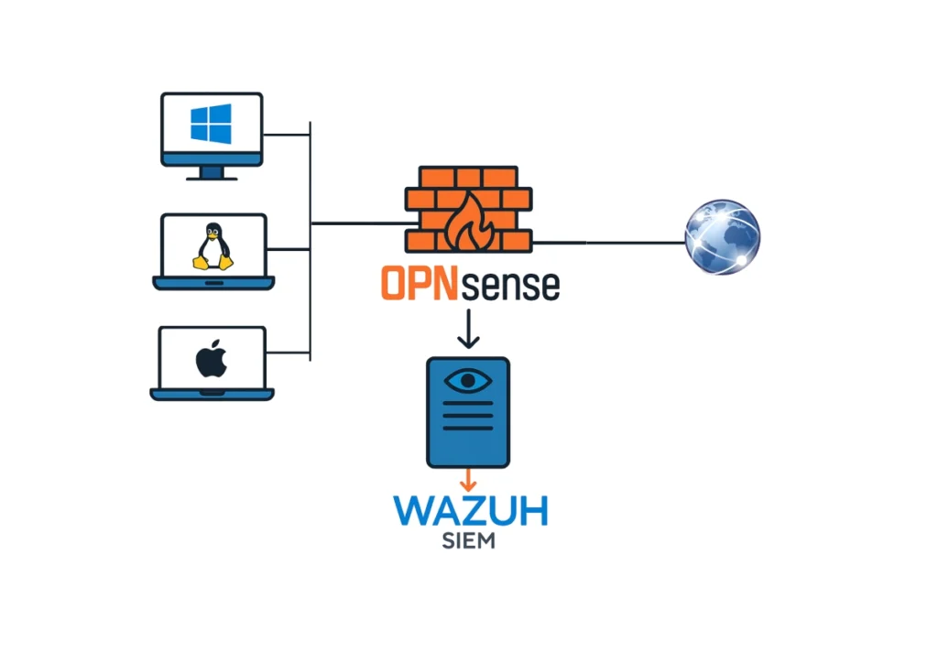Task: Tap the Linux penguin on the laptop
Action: tap(212, 246)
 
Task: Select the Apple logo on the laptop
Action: tap(211, 360)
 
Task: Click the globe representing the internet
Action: tap(722, 236)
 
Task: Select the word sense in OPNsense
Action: tap(510, 286)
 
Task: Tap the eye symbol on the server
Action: tap(468, 380)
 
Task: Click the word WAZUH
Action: tap(469, 509)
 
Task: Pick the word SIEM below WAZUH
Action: tap(468, 540)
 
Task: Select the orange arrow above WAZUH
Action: tap(468, 479)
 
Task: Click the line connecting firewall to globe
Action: tap(609, 243)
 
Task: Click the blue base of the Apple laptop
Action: tap(212, 395)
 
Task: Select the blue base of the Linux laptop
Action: tap(213, 284)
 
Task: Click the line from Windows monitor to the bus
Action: tap(287, 136)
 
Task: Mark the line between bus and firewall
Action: tap(357, 223)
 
